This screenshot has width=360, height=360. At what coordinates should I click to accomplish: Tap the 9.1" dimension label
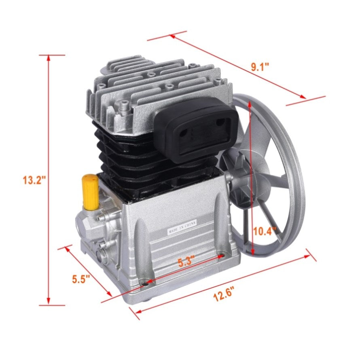pyautogui.click(x=260, y=67)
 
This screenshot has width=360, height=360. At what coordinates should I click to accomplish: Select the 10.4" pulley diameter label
pyautogui.click(x=264, y=231)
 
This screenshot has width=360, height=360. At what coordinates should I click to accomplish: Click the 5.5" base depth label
pyautogui.click(x=81, y=279)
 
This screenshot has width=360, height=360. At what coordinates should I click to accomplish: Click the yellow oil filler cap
pyautogui.click(x=90, y=192)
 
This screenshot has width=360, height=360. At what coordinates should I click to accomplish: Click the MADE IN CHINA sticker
pyautogui.click(x=182, y=227)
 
